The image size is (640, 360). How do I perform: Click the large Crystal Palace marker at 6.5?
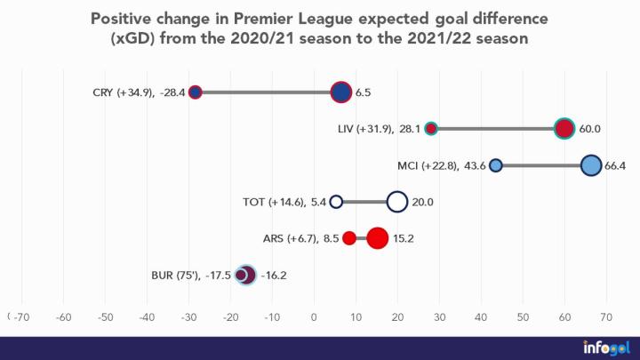pyautogui.click(x=341, y=92)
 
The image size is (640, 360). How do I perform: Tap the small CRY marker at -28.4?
pyautogui.click(x=196, y=92)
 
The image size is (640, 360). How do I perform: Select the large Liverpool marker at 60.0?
pyautogui.click(x=564, y=128)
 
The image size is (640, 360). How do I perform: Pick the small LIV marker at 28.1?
pyautogui.click(x=431, y=128)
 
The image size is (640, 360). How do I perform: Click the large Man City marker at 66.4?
pyautogui.click(x=591, y=165)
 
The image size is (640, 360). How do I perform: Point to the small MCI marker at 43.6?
pyautogui.click(x=496, y=165)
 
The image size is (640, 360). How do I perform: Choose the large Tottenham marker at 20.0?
pyautogui.click(x=397, y=202)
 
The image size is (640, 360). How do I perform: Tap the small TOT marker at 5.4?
pyautogui.click(x=336, y=202)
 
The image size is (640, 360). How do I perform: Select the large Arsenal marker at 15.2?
pyautogui.click(x=378, y=238)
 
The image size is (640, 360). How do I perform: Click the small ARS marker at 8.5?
pyautogui.click(x=349, y=238)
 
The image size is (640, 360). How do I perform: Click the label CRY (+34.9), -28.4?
pyautogui.click(x=138, y=92)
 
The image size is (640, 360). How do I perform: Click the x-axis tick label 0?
pyautogui.click(x=314, y=316)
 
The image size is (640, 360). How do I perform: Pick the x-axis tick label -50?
pyautogui.click(x=105, y=316)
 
